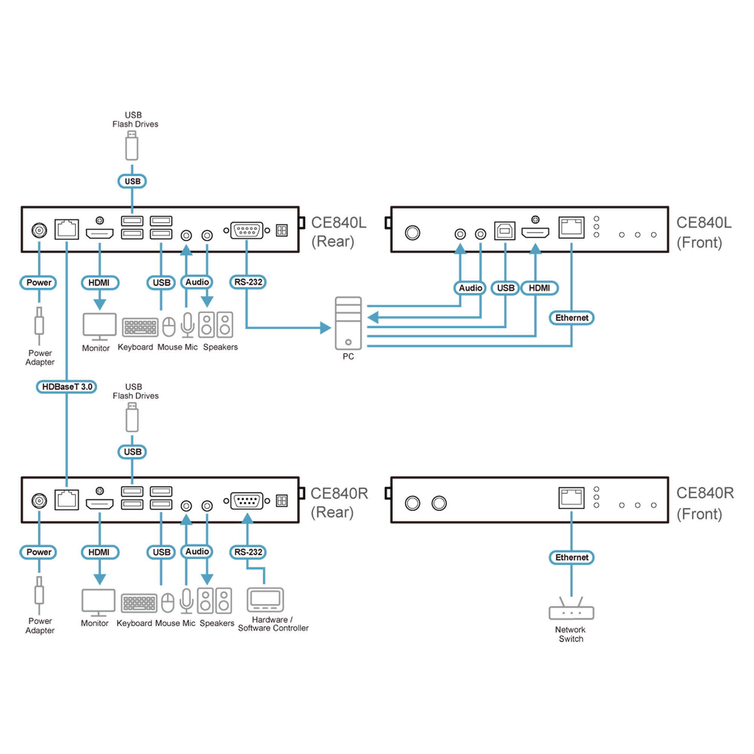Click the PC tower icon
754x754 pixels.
tap(348, 323)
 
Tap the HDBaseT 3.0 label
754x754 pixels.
tap(66, 387)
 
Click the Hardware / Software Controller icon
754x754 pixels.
tap(265, 600)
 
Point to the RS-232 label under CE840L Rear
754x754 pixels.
tap(248, 282)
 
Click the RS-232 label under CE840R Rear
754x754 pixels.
tap(248, 552)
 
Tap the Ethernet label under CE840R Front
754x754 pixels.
tap(572, 557)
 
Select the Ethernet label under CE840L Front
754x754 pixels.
tap(572, 318)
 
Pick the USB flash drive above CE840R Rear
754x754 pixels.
tap(132, 417)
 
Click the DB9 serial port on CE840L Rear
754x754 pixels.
tap(247, 230)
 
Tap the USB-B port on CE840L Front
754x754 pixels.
tap(505, 231)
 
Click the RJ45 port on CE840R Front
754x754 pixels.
tap(572, 498)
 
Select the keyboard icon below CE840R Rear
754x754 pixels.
tap(139, 603)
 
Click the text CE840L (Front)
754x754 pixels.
tap(703, 233)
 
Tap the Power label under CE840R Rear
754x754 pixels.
tap(38, 552)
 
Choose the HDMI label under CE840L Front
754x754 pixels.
tap(539, 288)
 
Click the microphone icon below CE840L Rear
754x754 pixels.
tap(187, 325)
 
